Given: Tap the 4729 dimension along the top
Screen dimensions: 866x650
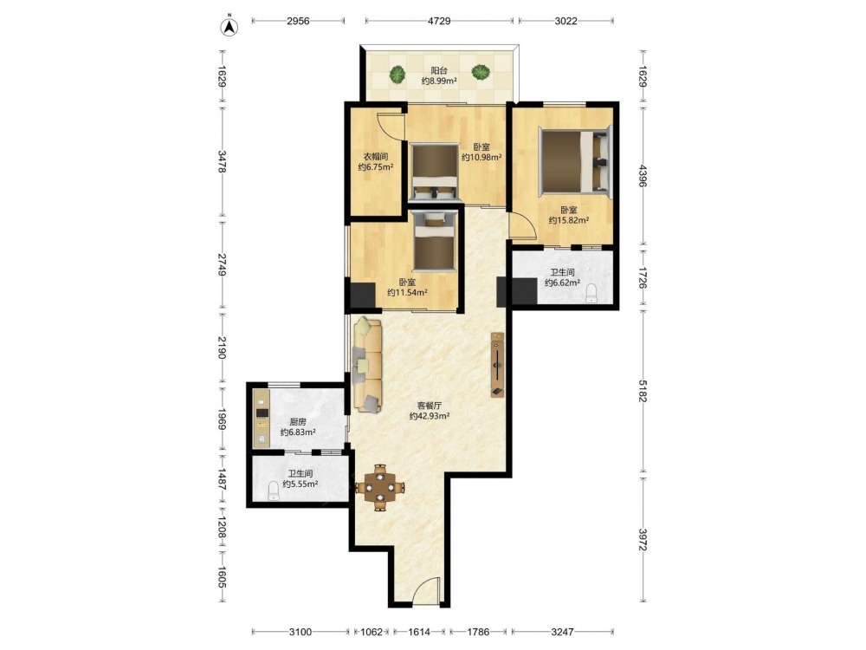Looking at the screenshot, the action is (x=438, y=21).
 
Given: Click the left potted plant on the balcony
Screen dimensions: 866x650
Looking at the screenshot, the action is (x=396, y=74).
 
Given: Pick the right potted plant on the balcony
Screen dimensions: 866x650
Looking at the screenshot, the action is (x=481, y=72).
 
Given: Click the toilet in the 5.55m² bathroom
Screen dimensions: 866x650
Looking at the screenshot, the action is (x=273, y=491).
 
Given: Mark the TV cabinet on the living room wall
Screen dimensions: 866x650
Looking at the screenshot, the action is (x=498, y=365).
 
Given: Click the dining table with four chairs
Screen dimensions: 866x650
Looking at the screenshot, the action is (x=380, y=487).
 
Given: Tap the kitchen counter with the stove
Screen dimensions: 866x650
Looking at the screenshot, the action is (x=261, y=419).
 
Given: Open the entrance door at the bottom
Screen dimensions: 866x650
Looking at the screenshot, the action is (x=426, y=591).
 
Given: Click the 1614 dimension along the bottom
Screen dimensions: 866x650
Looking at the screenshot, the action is (x=420, y=631).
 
